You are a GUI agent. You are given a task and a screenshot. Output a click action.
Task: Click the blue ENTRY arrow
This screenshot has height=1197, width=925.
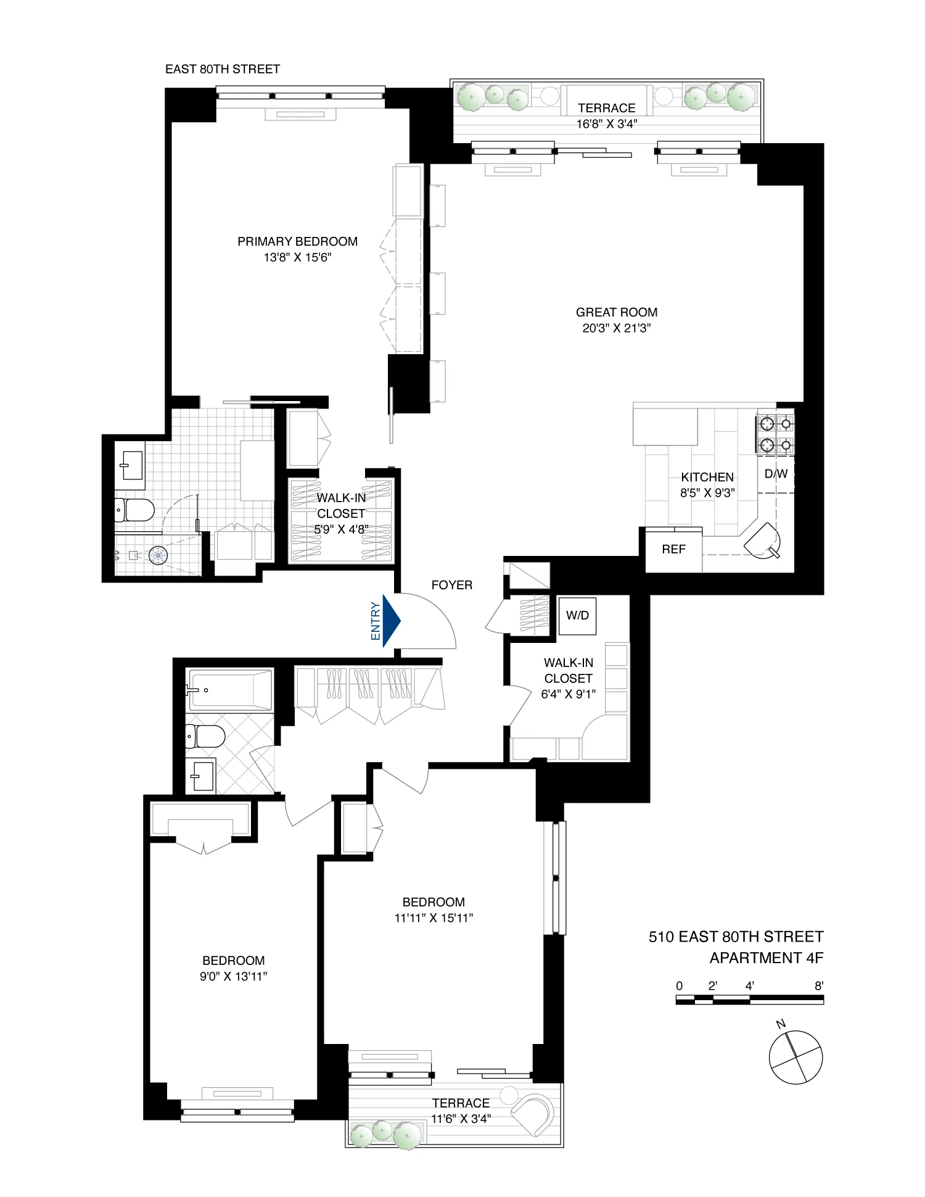pyautogui.click(x=391, y=621)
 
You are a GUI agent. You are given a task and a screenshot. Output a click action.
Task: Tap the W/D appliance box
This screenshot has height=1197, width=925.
pyautogui.click(x=578, y=616)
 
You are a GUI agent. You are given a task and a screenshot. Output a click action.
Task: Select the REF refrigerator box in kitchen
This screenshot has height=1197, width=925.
pyautogui.click(x=673, y=549)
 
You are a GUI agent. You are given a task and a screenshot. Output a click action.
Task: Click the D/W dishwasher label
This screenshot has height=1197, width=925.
pyautogui.click(x=776, y=474)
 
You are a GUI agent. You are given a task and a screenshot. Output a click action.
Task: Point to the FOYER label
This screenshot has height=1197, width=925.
pyautogui.click(x=451, y=585)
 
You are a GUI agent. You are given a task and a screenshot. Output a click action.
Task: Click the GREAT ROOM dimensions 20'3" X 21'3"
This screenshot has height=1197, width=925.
pyautogui.click(x=617, y=328)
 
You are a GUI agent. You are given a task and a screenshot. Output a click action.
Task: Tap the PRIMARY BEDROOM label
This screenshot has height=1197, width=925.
pyautogui.click(x=297, y=241)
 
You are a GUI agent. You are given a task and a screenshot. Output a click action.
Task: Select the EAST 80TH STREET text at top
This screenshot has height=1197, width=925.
pyautogui.click(x=222, y=69)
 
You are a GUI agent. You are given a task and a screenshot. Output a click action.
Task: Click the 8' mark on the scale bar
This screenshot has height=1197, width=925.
pyautogui.click(x=818, y=986)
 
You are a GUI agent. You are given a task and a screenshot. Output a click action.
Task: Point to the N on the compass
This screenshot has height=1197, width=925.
pyautogui.click(x=781, y=1025)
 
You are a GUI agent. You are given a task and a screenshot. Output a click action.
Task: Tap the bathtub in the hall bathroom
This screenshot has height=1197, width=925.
pyautogui.click(x=229, y=690)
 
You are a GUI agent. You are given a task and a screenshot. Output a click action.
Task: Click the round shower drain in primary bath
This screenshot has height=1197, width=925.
pyautogui.click(x=159, y=555)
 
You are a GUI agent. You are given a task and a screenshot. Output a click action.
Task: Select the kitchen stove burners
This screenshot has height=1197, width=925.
pyautogui.click(x=775, y=434)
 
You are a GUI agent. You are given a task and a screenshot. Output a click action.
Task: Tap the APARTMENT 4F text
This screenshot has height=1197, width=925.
pyautogui.click(x=766, y=958)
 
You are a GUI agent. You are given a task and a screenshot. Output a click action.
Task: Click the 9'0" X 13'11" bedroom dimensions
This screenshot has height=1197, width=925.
pyautogui.click(x=234, y=976)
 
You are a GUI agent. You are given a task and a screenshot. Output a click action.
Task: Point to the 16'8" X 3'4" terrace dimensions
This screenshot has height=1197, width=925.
pyautogui.click(x=606, y=124)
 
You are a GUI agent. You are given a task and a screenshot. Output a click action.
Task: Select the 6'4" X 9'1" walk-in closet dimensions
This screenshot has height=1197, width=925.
pyautogui.click(x=568, y=694)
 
